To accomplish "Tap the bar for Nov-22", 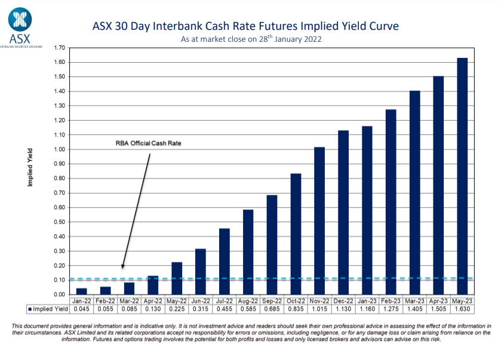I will pos(319,220).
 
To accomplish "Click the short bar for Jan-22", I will pos(82,291).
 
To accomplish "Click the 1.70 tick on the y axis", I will pos(59,47).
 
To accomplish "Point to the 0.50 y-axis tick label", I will pos(59,221).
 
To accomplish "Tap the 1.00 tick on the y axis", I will pos(59,149).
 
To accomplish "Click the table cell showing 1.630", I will pos(462,309).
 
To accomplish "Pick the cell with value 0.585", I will pos(248,309).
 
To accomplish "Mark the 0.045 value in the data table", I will pos(82,309).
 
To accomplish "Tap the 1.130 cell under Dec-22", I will pos(343,309).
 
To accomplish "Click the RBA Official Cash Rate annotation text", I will pos(148,143).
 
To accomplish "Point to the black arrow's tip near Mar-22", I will pos(122,268).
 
